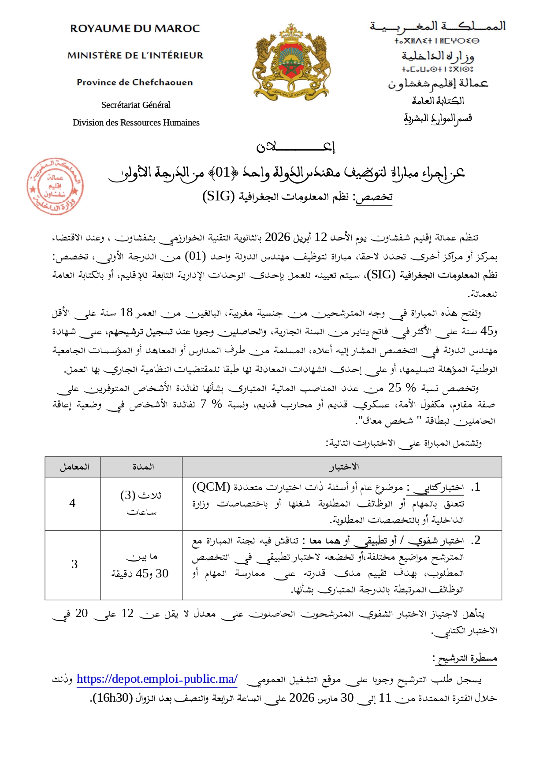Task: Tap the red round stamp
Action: [55, 186]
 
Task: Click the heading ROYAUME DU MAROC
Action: [135, 29]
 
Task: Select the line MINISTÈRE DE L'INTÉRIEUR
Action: [135, 55]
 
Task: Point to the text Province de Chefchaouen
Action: [135, 82]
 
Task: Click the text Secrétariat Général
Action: [136, 105]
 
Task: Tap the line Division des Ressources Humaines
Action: [136, 123]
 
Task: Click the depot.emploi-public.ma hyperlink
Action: [157, 679]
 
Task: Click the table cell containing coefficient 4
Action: [73, 503]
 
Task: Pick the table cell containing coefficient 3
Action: [74, 564]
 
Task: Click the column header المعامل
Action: [74, 467]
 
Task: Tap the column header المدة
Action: [143, 467]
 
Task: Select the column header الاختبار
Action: [343, 467]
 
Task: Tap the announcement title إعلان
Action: [296, 147]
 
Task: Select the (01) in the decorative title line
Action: [223, 172]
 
